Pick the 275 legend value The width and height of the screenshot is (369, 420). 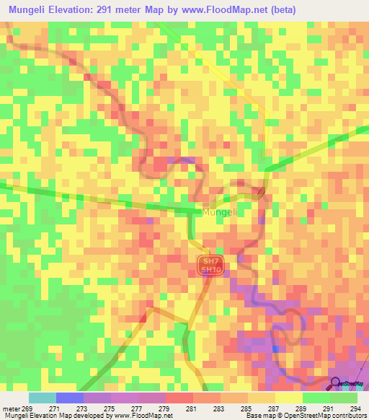click(109, 408)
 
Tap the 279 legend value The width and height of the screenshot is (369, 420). click(164, 408)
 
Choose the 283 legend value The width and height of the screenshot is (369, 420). click(218, 408)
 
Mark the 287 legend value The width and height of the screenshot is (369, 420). click(273, 408)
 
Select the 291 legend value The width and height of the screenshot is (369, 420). click(328, 408)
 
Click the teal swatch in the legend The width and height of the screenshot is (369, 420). click(42, 398)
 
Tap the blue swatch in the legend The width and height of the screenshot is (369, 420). click(69, 398)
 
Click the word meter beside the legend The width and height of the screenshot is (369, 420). click(12, 408)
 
